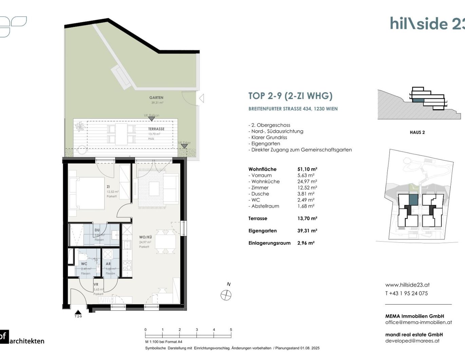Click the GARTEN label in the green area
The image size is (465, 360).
point(156,97)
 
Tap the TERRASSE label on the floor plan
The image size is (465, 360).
point(156,129)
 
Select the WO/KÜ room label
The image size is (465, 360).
point(145,237)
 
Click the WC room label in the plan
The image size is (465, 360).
point(84,264)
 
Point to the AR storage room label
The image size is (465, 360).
point(108,264)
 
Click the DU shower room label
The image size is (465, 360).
point(97,230)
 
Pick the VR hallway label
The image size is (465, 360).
point(96,285)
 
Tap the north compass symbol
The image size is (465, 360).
point(226,295)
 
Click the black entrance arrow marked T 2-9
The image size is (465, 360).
point(78,312)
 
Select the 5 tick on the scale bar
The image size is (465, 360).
point(231,330)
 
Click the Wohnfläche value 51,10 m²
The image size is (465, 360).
point(307,169)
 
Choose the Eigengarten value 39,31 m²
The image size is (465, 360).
point(307,231)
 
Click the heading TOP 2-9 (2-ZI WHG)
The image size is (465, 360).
point(290,96)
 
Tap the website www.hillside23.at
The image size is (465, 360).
point(407,285)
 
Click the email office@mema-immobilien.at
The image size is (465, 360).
point(418,322)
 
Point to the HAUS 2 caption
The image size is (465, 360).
point(417,132)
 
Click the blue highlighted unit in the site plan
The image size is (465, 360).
point(413,200)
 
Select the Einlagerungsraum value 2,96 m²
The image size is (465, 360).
point(306,243)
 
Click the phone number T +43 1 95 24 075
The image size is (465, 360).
point(406,293)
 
